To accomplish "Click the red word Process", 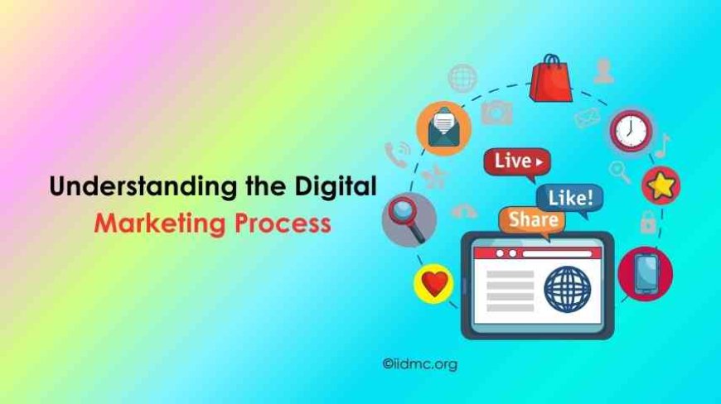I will [x=287, y=224].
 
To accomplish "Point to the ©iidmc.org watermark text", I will [x=419, y=363].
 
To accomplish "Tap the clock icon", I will [x=631, y=130].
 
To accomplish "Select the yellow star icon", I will [x=661, y=185].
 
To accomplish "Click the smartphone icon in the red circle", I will [x=645, y=273].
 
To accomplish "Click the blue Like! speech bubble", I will [x=569, y=198].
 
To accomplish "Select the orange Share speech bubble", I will [x=532, y=220].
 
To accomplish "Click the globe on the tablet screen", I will [x=568, y=288].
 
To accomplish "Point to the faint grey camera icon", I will [x=497, y=111].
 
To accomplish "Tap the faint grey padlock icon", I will [x=647, y=221].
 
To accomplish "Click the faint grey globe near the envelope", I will [x=462, y=78].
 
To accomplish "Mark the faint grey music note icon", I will [x=662, y=147].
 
